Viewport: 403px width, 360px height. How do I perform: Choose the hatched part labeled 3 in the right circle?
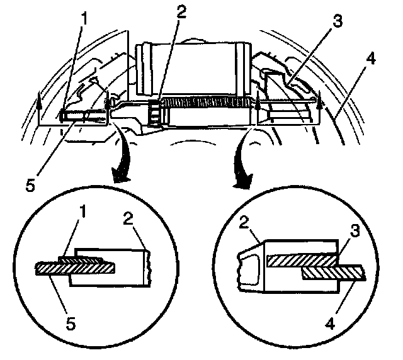point(299,259)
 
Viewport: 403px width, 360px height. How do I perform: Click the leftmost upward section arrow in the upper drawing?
point(39,101)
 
